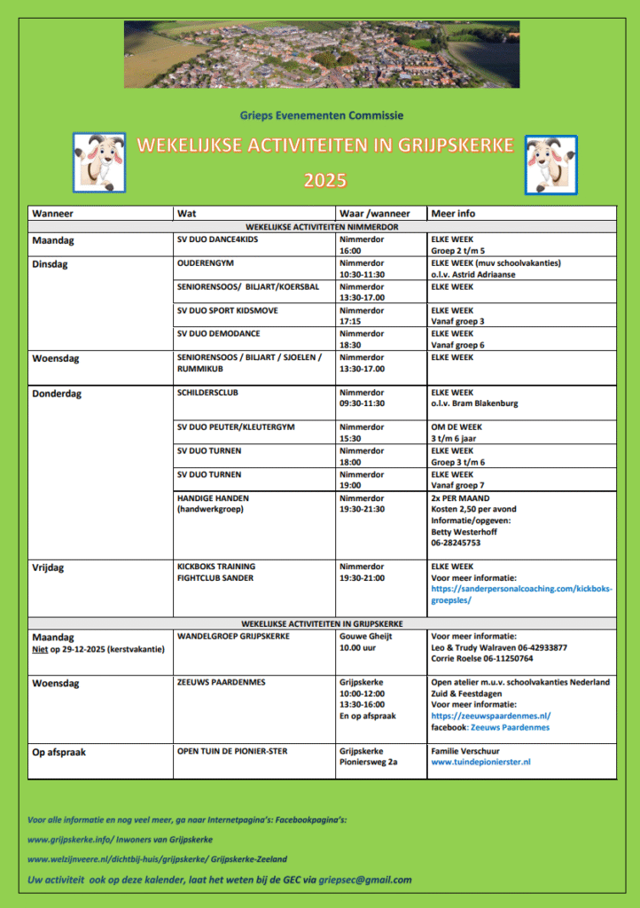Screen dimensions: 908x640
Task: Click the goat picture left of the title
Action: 98,163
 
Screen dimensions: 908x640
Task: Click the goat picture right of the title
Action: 550,164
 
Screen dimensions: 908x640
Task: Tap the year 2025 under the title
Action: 325,181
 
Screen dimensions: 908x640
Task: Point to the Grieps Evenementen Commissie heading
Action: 321,115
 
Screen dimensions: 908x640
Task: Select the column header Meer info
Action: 453,214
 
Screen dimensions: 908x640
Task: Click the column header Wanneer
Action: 52,214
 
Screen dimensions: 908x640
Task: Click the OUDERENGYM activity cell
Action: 206,263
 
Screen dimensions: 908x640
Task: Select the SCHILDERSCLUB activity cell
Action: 207,391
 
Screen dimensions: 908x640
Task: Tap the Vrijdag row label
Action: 48,567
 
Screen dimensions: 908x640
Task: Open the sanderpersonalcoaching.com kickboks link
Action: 521,594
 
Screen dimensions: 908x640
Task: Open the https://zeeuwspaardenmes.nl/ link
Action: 490,716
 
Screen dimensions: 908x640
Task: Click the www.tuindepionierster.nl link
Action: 480,762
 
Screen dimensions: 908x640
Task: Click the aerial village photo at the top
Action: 321,55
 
